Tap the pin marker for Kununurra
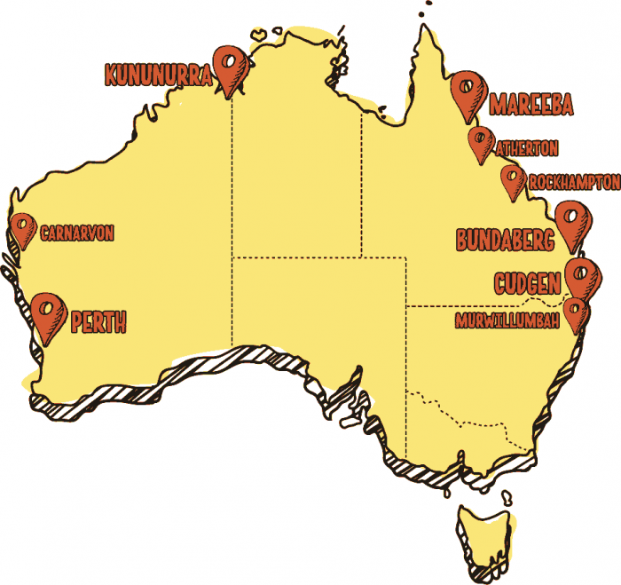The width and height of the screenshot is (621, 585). pyautogui.click(x=232, y=67)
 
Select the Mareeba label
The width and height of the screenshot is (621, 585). pyautogui.click(x=531, y=104)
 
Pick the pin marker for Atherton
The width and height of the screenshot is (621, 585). pyautogui.click(x=480, y=142)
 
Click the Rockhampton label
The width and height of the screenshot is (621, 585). pyautogui.click(x=573, y=182)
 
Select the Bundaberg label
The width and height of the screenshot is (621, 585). pyautogui.click(x=505, y=240)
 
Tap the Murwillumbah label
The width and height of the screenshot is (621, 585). pyautogui.click(x=507, y=319)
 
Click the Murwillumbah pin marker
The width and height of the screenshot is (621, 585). pyautogui.click(x=578, y=312)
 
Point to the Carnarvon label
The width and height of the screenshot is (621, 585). pyautogui.click(x=77, y=234)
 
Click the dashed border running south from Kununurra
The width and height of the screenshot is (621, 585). pyautogui.click(x=232, y=222)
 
